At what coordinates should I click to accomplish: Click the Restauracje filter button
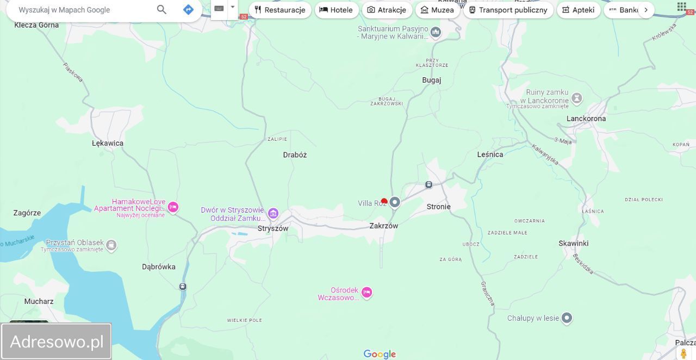pos(280,10)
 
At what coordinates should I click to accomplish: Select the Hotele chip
pos(337,10)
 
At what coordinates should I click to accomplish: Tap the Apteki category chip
pos(579,10)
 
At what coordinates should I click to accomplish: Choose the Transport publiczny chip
pos(508,10)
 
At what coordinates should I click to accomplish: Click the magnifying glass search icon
pos(161,9)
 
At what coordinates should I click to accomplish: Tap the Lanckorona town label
pos(586,119)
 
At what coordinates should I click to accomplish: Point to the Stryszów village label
pos(273,228)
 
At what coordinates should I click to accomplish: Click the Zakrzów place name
pos(383,226)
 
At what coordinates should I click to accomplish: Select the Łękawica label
pos(108,143)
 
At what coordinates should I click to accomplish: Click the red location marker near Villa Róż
pos(384,202)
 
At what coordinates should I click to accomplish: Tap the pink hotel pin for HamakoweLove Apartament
pos(173,207)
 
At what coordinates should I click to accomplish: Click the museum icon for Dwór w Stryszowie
pos(273,213)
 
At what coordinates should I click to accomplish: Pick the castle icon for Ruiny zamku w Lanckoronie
pos(576,98)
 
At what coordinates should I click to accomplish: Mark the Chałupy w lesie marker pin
pos(567,318)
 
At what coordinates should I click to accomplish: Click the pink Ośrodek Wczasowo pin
pos(366,293)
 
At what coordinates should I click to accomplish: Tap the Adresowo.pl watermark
pos(57,342)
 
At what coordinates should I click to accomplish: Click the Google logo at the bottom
pos(380,355)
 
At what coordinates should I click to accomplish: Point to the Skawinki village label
pos(574,243)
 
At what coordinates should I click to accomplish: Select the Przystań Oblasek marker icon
pos(111,245)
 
